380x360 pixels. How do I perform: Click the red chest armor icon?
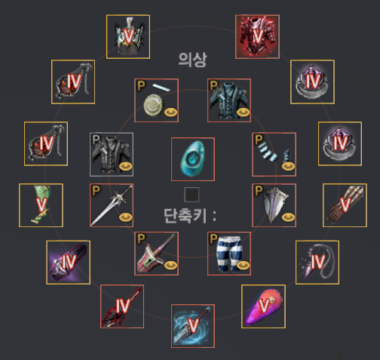pos(257,37)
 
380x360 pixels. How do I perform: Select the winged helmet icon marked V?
pos(128,37)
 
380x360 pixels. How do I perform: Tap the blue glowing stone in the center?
pos(193,159)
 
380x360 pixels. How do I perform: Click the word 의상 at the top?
pos(192,60)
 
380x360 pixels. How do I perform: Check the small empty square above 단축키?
pos(192,195)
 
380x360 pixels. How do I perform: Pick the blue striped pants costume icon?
pos(229,254)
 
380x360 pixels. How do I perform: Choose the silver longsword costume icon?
pos(112,205)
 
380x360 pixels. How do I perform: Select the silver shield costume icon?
pos(274,205)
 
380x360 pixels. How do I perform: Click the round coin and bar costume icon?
pos(157,100)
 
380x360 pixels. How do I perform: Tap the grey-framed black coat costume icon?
pos(112,155)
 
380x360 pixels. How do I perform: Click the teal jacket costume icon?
pos(229,100)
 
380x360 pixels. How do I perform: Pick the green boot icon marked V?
pos(41,205)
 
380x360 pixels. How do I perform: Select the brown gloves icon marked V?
pos(345,205)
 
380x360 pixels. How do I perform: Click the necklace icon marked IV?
pos(317,263)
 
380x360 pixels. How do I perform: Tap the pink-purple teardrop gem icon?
pos(263,306)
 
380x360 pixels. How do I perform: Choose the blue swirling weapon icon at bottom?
pos(193,326)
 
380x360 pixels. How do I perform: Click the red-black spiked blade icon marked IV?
pos(122,306)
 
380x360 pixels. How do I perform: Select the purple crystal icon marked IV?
pos(69,263)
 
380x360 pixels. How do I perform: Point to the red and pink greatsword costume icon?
pos(157,254)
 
